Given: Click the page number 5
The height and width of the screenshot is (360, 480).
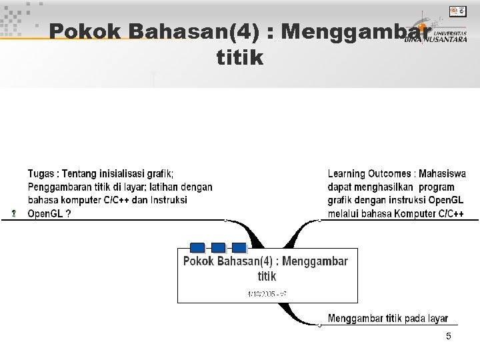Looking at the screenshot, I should pyautogui.click(x=449, y=337).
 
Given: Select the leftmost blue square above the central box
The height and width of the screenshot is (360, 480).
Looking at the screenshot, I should pyautogui.click(x=197, y=247).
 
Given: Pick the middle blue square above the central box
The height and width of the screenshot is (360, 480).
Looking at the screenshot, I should pyautogui.click(x=218, y=247).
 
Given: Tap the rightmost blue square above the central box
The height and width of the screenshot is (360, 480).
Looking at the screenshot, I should pyautogui.click(x=239, y=247).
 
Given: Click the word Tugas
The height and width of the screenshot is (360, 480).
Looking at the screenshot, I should pyautogui.click(x=41, y=174).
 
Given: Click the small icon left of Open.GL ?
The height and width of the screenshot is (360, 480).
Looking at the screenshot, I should pyautogui.click(x=14, y=214).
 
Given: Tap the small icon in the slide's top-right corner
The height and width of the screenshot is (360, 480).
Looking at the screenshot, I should pyautogui.click(x=458, y=11).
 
